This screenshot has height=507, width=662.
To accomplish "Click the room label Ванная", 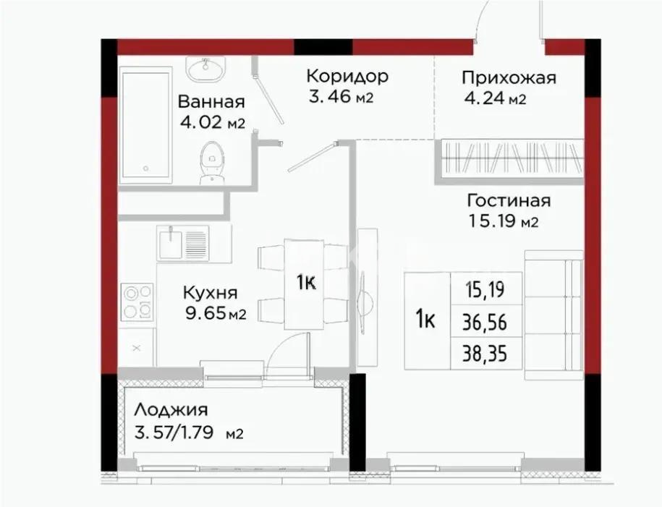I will coord(211,102).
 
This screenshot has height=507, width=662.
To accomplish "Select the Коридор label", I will coord(347,77).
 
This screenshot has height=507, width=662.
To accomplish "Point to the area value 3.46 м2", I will coord(340,96).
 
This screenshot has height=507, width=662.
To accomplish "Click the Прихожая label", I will coord(509,78).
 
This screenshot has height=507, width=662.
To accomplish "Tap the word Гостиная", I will coord(509,200).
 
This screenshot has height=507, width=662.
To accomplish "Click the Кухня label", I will coord(210,293).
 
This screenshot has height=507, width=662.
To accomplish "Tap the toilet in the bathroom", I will coord(211,161).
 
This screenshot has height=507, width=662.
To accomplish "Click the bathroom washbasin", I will coord(205,69).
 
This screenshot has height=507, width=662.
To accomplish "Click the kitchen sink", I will coord(184,242).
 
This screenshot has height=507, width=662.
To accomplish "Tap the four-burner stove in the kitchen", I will coord(137,302).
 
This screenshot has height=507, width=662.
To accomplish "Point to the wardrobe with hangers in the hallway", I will coord(510,157).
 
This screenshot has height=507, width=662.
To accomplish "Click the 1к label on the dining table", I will coord(305,283).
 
